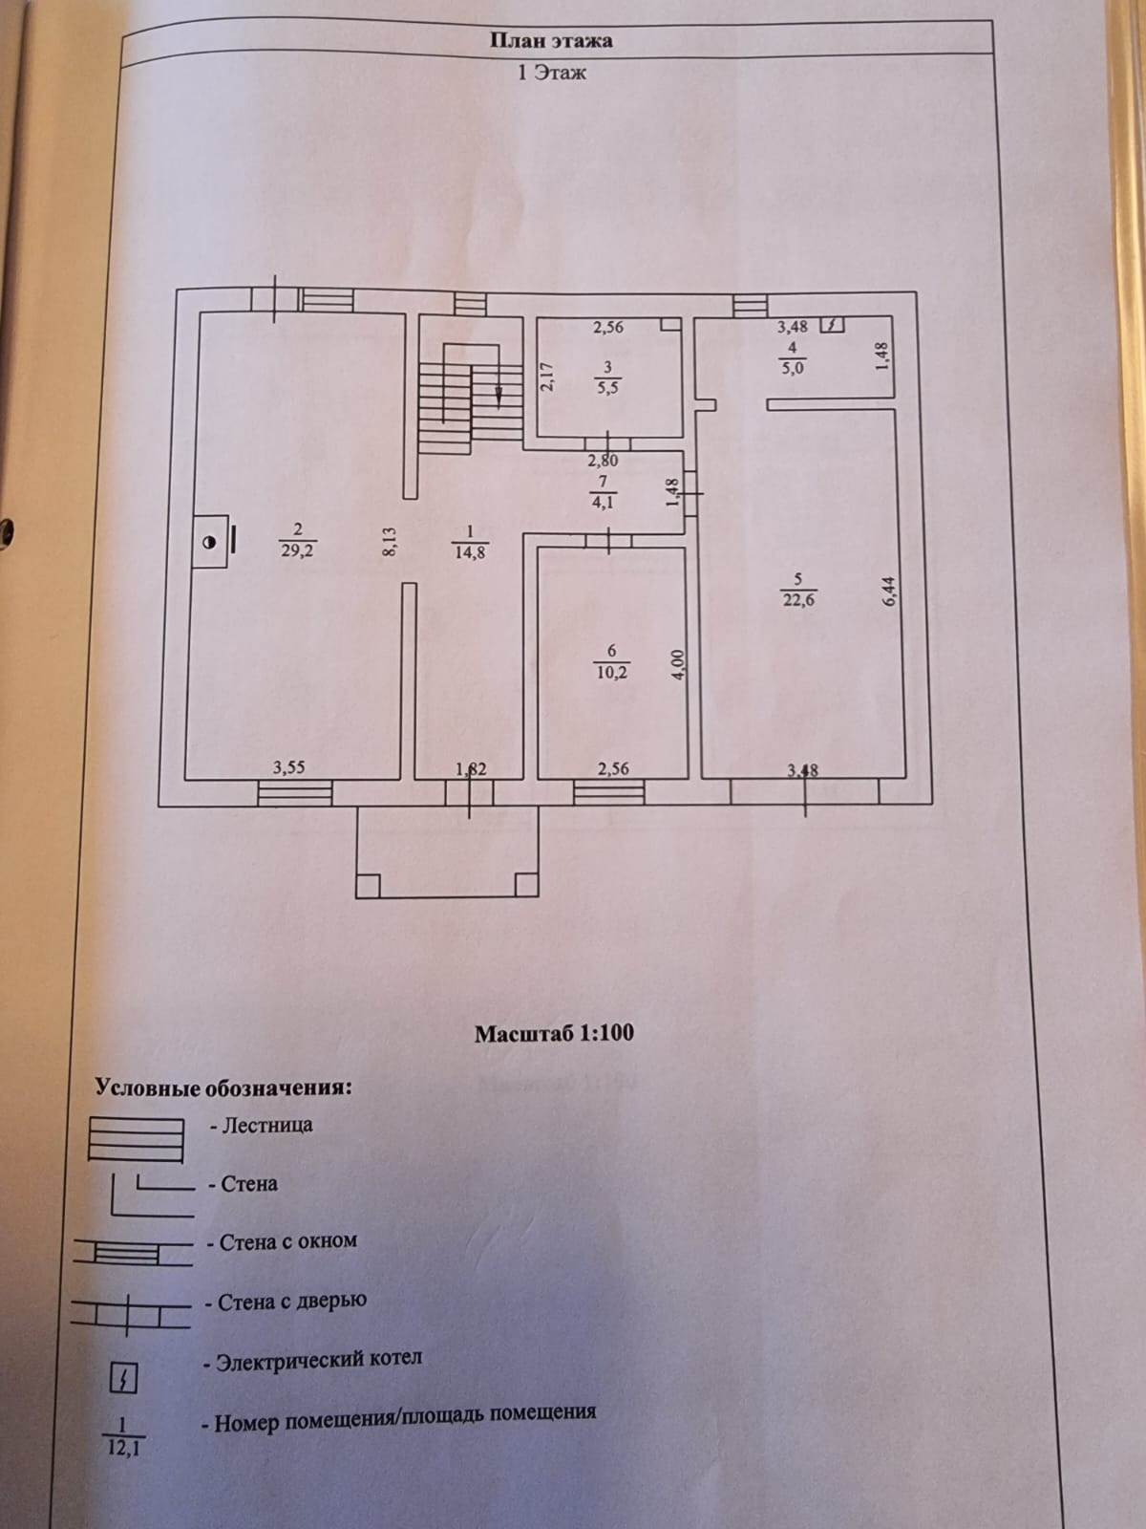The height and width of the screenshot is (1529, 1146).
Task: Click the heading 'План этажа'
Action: click(551, 41)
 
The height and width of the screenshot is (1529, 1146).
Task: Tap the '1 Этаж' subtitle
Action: click(551, 73)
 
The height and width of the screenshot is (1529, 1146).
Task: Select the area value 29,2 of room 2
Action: click(297, 550)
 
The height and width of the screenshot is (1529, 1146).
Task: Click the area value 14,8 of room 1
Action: click(469, 551)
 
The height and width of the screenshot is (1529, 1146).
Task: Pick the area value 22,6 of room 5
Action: click(798, 600)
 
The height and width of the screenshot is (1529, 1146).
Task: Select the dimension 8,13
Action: click(390, 543)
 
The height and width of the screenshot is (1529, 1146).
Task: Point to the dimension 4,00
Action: click(677, 663)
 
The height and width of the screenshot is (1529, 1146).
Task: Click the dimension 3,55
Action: click(288, 766)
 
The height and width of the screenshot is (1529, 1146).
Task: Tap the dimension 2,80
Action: click(603, 461)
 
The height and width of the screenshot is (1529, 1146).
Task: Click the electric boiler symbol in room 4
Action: click(832, 325)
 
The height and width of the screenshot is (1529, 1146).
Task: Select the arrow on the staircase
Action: click(499, 392)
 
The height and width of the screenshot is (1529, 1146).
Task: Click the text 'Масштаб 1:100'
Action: click(554, 1033)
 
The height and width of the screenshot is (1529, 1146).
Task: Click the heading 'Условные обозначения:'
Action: click(223, 1088)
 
